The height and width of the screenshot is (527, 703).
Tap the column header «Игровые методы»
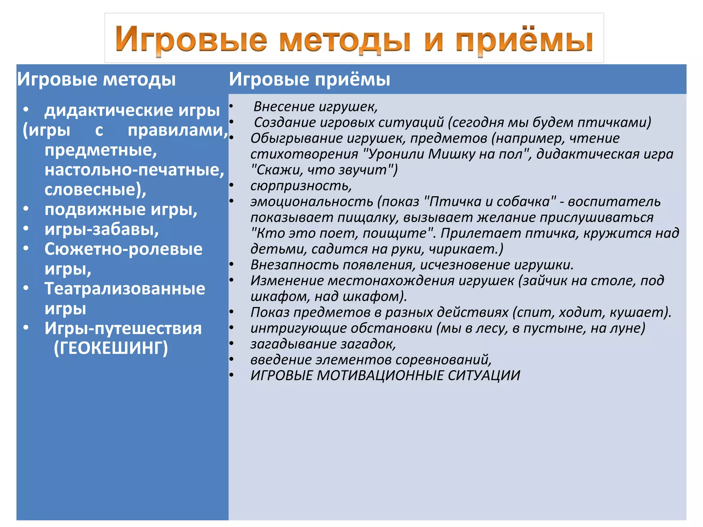pos(96,79)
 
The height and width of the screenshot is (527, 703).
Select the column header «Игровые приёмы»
pos(309,79)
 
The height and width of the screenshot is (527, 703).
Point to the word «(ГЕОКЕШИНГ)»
pos(111,348)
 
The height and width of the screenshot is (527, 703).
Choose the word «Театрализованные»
pos(125,289)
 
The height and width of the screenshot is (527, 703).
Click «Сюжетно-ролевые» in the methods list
pos(123,249)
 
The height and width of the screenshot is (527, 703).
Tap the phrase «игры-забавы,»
pos(102,229)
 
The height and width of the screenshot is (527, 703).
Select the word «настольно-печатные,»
pos(134,170)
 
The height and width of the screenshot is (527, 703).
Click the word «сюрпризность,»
pos(301,186)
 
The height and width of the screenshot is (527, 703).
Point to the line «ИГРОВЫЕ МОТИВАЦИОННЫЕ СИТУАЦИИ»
pos(385,375)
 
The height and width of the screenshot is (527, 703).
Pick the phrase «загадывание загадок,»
pos(323,344)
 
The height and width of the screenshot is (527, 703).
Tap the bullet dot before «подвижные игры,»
pos(26,209)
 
